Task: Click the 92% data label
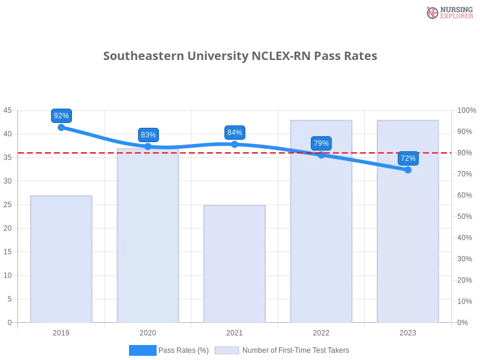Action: [x=61, y=116]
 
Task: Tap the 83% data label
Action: [x=148, y=134]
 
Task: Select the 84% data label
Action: [x=235, y=133]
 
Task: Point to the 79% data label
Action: [x=321, y=143]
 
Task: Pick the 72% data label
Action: [x=408, y=158]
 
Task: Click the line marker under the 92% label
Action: [x=61, y=127]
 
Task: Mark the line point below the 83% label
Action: [x=148, y=146]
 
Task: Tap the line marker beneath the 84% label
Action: [x=235, y=144]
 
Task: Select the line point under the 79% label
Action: [x=321, y=155]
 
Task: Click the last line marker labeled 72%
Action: [x=408, y=170]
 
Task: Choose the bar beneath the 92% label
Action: [x=62, y=258]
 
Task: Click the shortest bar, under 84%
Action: [x=235, y=264]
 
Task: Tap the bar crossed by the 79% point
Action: [x=322, y=228]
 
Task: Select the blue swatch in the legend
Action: [x=142, y=350]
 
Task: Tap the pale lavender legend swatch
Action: [x=227, y=350]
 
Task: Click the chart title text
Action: [x=240, y=56]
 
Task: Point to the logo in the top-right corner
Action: [x=448, y=12]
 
